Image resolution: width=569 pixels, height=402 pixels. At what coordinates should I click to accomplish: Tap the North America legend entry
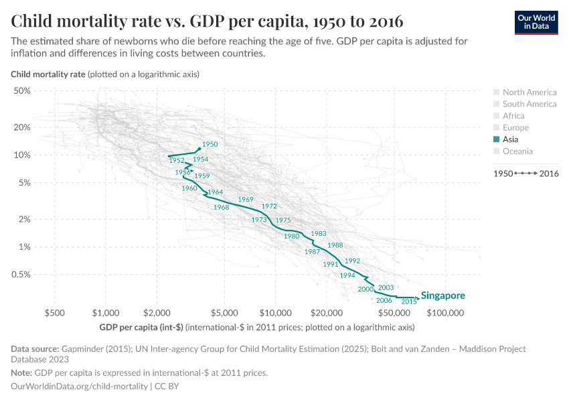pos(529,92)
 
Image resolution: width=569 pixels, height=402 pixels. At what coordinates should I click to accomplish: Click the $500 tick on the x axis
pos(54,313)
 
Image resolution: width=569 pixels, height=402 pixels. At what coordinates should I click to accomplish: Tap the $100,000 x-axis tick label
pos(445,313)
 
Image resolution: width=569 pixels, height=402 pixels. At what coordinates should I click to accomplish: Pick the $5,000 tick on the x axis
pos(224,313)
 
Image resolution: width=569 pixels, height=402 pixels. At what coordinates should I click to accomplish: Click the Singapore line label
pos(442,295)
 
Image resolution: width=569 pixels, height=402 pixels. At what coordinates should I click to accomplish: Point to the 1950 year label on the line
pos(210,144)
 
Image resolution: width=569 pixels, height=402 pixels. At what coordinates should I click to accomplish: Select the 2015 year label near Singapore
pos(409,302)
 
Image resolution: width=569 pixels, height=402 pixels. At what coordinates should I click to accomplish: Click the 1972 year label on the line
pos(269,206)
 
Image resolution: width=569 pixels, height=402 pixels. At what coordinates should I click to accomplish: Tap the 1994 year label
pos(347,275)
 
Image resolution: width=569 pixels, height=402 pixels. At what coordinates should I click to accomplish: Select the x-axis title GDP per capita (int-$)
pos(141,327)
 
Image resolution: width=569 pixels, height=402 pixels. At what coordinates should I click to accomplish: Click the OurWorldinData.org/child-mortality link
pos(80,387)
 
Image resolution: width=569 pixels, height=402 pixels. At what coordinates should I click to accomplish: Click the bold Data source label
pos(35,349)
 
